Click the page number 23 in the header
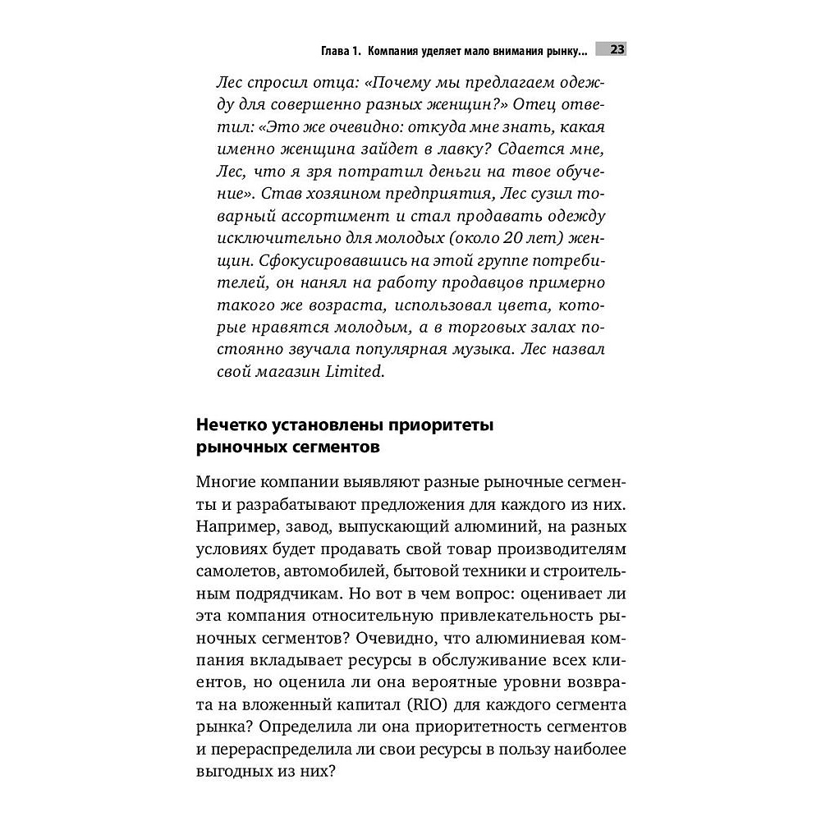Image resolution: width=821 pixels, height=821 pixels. [x=617, y=50]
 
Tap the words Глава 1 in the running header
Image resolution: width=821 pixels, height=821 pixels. [x=340, y=51]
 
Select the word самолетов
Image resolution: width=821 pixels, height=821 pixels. [x=232, y=571]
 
